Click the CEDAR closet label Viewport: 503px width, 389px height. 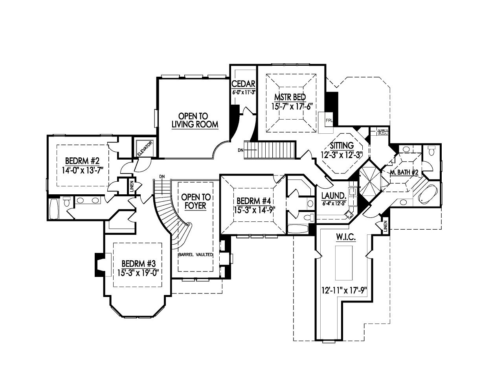pos(244,84)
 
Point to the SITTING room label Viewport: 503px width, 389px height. pos(341,146)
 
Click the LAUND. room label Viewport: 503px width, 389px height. pos(334,196)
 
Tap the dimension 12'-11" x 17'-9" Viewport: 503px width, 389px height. pos(343,291)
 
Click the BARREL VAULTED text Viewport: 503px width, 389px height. pos(196,254)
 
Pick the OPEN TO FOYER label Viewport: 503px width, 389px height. pos(195,201)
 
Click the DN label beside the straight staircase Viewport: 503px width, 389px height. pos(241,150)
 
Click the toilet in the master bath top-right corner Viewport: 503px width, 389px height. pos(431,151)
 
